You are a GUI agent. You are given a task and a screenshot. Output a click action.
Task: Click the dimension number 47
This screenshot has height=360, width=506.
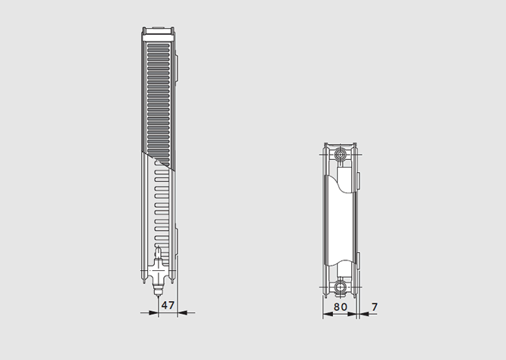pos(168,305)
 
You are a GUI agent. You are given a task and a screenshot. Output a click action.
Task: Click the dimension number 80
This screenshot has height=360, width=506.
pos(340,306)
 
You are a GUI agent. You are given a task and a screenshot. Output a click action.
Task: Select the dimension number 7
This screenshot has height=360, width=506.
pos(375,306)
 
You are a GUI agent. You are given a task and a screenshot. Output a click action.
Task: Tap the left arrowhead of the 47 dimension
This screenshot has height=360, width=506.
pos(153,312)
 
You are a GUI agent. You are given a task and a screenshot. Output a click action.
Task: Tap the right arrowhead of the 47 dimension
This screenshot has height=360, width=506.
pos(182,312)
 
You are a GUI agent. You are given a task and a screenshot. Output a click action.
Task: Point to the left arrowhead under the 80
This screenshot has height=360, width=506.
pos(328,314)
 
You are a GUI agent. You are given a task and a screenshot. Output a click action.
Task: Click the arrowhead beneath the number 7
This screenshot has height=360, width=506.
pos(364,314)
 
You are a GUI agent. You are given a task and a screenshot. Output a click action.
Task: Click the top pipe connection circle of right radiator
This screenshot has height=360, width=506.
pos(340,155)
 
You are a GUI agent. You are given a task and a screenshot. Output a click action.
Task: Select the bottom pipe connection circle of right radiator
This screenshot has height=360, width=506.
pos(340,287)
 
